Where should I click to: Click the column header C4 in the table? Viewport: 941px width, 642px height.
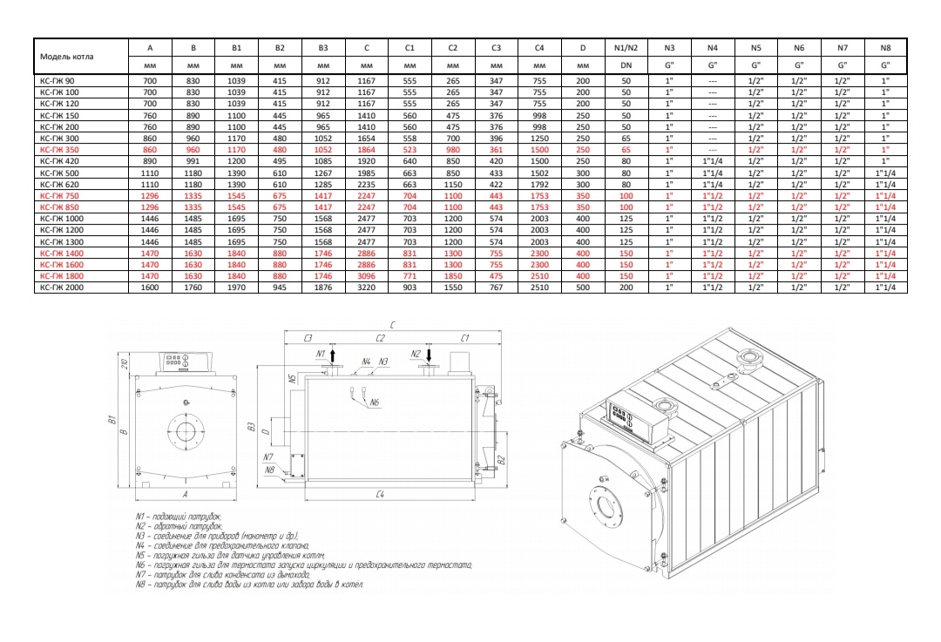tap(539, 48)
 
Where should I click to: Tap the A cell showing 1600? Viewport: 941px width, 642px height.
tap(150, 287)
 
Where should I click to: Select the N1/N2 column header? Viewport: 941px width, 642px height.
tap(626, 48)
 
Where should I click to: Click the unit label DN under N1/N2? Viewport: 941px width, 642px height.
tap(626, 65)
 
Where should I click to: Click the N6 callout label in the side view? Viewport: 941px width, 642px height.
tap(375, 402)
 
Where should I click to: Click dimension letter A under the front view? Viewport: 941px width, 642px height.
tap(186, 493)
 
